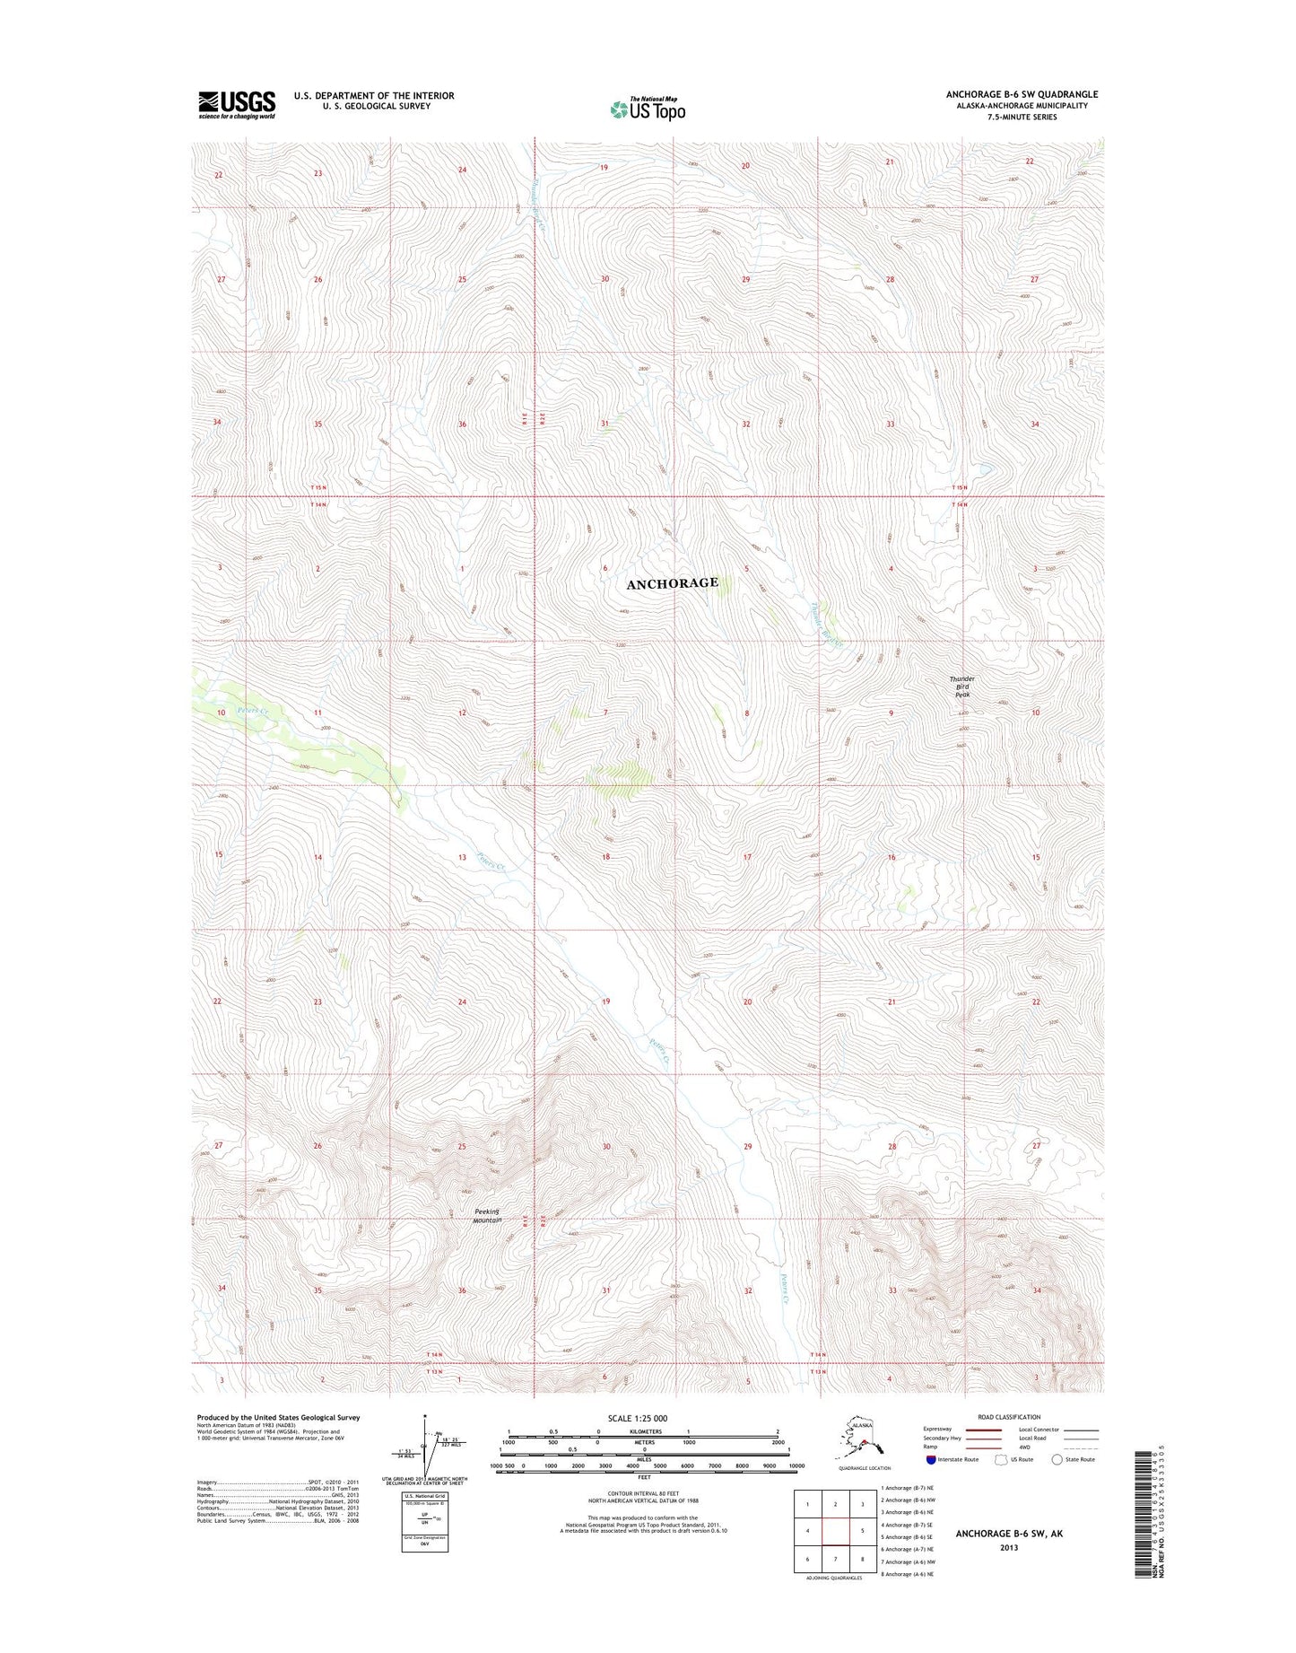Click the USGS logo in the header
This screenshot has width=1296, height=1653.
click(237, 105)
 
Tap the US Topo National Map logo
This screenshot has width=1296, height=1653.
click(648, 109)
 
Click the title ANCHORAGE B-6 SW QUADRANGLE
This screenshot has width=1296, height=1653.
click(1022, 94)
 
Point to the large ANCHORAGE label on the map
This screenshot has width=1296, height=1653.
click(672, 583)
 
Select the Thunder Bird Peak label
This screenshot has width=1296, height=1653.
click(962, 687)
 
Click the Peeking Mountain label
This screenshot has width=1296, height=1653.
click(487, 1216)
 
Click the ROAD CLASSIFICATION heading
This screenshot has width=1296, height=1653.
click(1010, 1417)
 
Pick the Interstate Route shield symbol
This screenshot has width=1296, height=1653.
click(931, 1459)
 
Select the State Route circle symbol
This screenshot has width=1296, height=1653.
click(1057, 1459)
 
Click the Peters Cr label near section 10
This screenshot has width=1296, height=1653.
click(254, 710)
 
